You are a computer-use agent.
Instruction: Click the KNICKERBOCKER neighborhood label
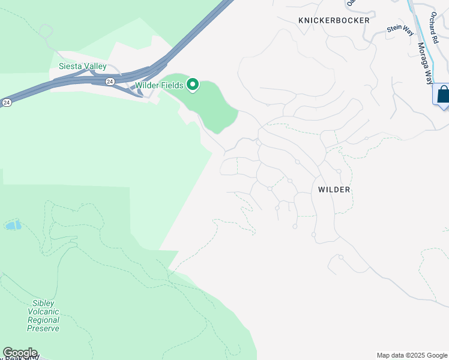334,20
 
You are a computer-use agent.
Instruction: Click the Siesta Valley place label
82,66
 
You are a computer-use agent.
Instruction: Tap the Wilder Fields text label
159,85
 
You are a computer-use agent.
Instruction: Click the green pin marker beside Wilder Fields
193,85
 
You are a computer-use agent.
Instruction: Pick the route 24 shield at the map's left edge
6,103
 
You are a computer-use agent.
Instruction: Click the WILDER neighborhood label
334,190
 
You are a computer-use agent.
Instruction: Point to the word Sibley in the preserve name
43,304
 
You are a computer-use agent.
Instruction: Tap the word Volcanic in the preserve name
43,311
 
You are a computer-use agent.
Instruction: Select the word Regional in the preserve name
43,320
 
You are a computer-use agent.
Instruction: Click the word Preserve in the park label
43,328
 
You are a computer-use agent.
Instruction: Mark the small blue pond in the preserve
12,226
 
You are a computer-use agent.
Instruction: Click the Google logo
20,353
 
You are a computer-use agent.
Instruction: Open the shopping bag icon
443,95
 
